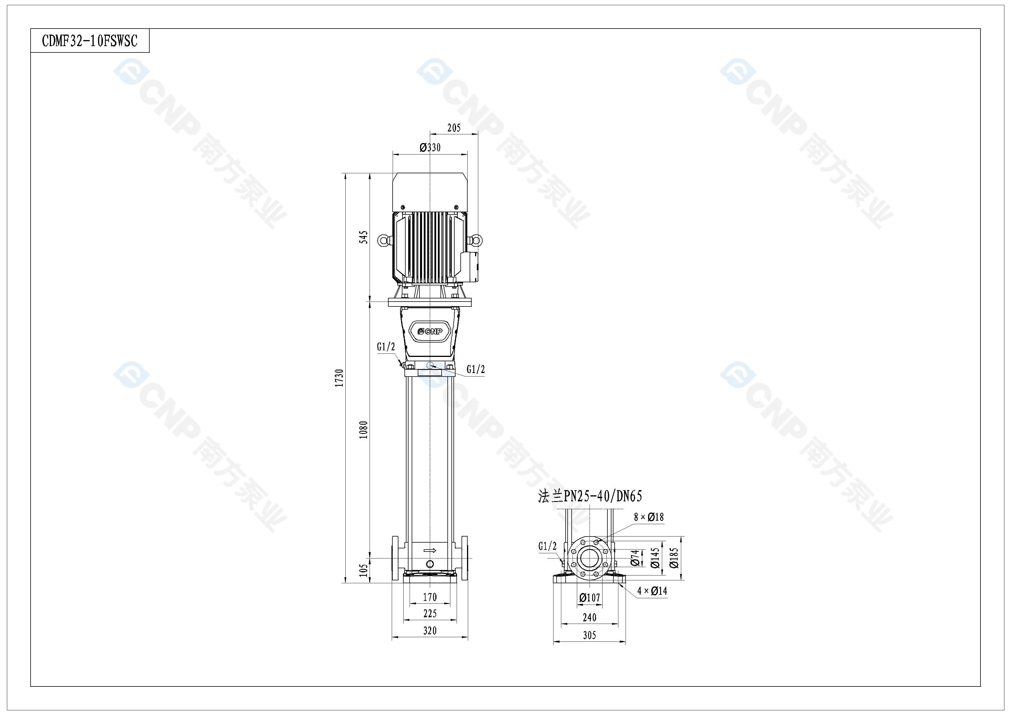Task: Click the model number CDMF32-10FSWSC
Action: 90,41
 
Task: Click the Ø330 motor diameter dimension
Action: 430,148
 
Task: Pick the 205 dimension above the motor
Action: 454,128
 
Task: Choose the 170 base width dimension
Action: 430,597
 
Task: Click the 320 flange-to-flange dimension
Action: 430,631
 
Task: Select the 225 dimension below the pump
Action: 430,613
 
